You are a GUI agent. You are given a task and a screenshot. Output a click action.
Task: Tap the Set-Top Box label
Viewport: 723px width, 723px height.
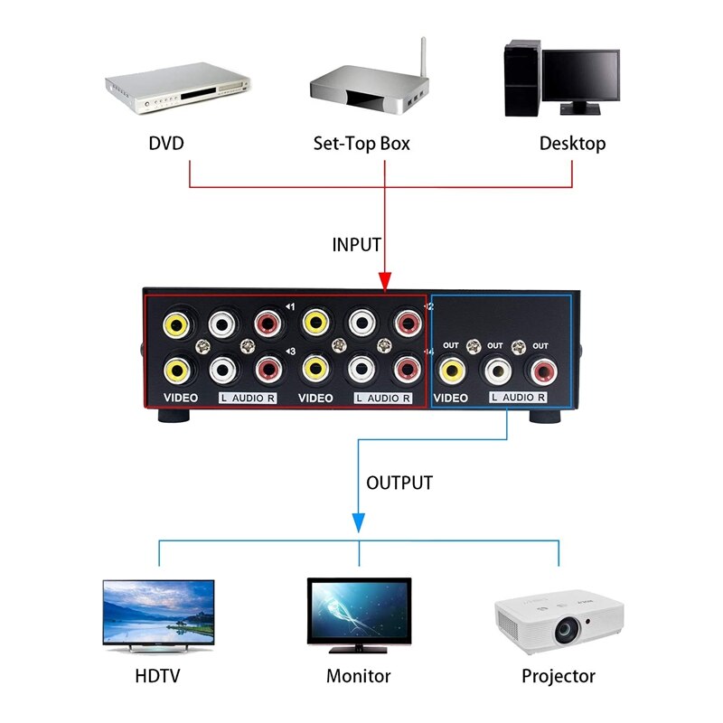point(361,143)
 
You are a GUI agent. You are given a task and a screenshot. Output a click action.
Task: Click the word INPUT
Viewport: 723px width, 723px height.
point(356,245)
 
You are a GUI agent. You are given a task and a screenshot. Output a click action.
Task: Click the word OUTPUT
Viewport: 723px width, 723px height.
point(399,483)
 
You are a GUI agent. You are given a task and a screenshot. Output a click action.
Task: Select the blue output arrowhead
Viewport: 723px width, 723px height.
point(359,521)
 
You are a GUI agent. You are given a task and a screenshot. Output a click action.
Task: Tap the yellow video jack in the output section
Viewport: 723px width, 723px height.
point(451,370)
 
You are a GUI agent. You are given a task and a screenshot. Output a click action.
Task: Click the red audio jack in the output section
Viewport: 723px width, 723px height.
point(544,370)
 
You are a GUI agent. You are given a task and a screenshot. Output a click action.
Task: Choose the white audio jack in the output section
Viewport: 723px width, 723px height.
point(497,370)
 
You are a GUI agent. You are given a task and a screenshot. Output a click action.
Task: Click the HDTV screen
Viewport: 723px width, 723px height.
point(158,612)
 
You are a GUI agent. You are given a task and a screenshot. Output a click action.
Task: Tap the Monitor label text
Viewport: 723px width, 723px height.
point(359,676)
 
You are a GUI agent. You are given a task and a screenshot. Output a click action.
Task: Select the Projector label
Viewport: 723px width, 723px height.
point(559,676)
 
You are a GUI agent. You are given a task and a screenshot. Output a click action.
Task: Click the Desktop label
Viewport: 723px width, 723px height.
point(572,143)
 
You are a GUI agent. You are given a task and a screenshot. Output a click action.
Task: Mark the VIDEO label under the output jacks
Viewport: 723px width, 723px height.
point(451,398)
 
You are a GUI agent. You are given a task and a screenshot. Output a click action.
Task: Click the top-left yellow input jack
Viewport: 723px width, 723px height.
point(175,322)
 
